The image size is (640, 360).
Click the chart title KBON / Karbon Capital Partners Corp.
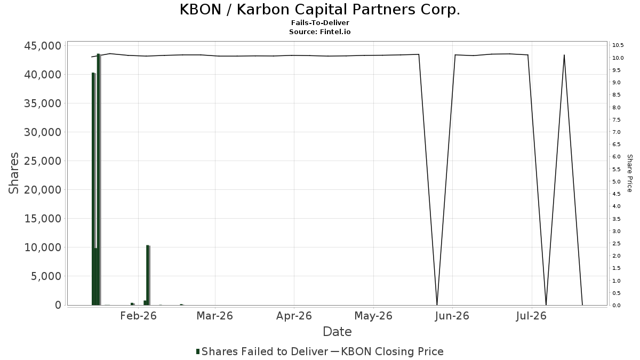coord(319,10)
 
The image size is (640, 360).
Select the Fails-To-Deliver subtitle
coord(320,23)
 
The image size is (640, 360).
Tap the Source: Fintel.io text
coord(319,31)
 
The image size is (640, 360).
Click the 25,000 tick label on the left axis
coord(43,161)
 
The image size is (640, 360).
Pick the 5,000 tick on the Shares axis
coord(46,276)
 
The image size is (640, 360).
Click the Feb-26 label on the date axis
coord(138,316)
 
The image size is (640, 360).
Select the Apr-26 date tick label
coord(294,316)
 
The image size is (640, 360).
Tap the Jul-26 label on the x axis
coord(531,316)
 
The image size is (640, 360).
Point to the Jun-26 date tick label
coord(452,316)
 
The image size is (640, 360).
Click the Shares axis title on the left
coord(13,173)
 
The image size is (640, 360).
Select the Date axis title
coord(337,332)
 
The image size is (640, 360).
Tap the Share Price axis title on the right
coord(629,173)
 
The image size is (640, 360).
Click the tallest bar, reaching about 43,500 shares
coord(98,179)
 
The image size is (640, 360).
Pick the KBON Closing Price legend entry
coord(387,351)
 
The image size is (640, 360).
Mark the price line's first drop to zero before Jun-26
coord(437,305)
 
